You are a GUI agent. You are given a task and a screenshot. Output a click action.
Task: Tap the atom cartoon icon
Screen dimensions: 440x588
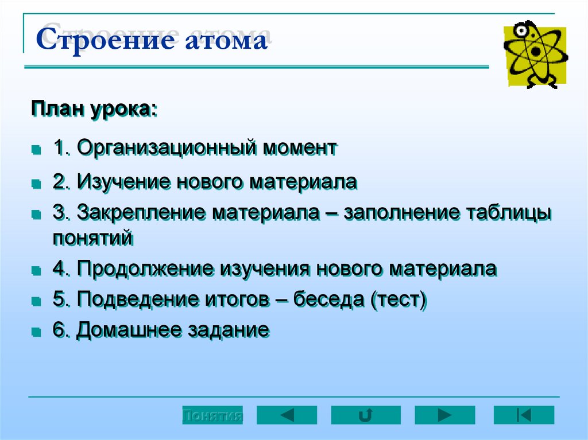click(x=535, y=54)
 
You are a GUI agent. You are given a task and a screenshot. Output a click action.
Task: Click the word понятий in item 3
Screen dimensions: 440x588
click(x=93, y=237)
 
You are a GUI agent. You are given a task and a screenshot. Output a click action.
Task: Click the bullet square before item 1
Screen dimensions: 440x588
click(x=36, y=150)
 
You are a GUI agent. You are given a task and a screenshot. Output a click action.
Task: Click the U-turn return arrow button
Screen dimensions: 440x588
click(x=366, y=415)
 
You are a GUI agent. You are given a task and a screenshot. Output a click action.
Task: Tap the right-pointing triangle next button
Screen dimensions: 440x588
click(x=445, y=415)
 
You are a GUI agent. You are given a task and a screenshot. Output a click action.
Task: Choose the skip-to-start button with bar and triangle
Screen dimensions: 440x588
click(x=524, y=415)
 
